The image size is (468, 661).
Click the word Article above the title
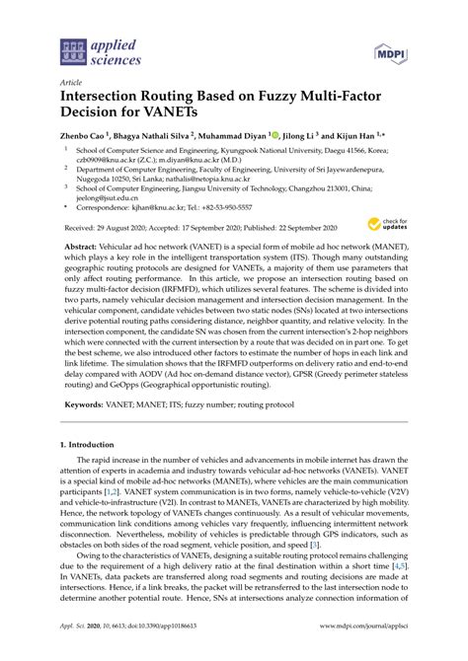pyautogui.click(x=72, y=85)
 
